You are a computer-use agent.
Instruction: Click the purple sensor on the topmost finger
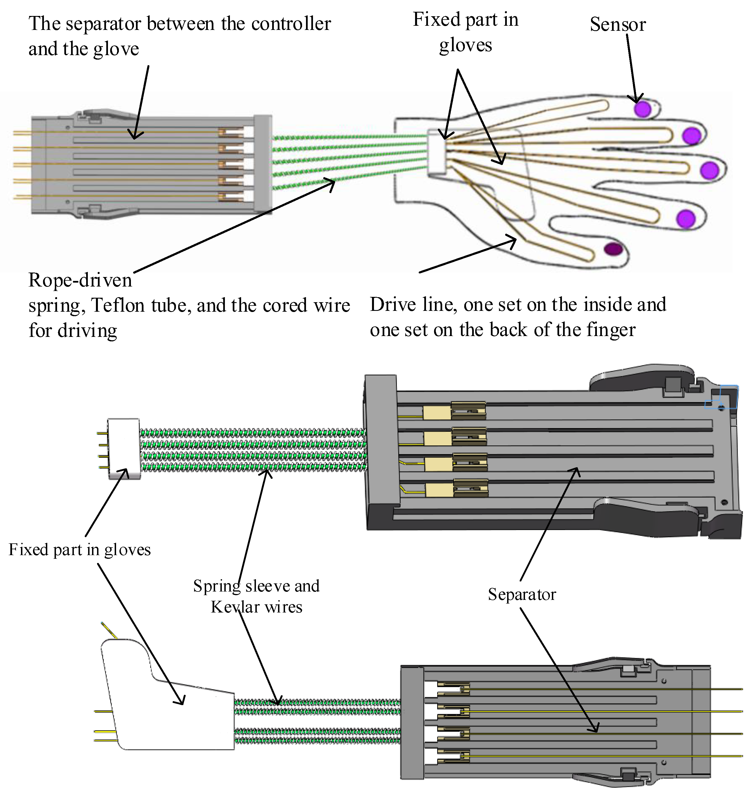(x=643, y=109)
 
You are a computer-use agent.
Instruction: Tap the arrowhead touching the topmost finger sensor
(x=635, y=99)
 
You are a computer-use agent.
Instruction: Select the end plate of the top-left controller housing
(x=263, y=164)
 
